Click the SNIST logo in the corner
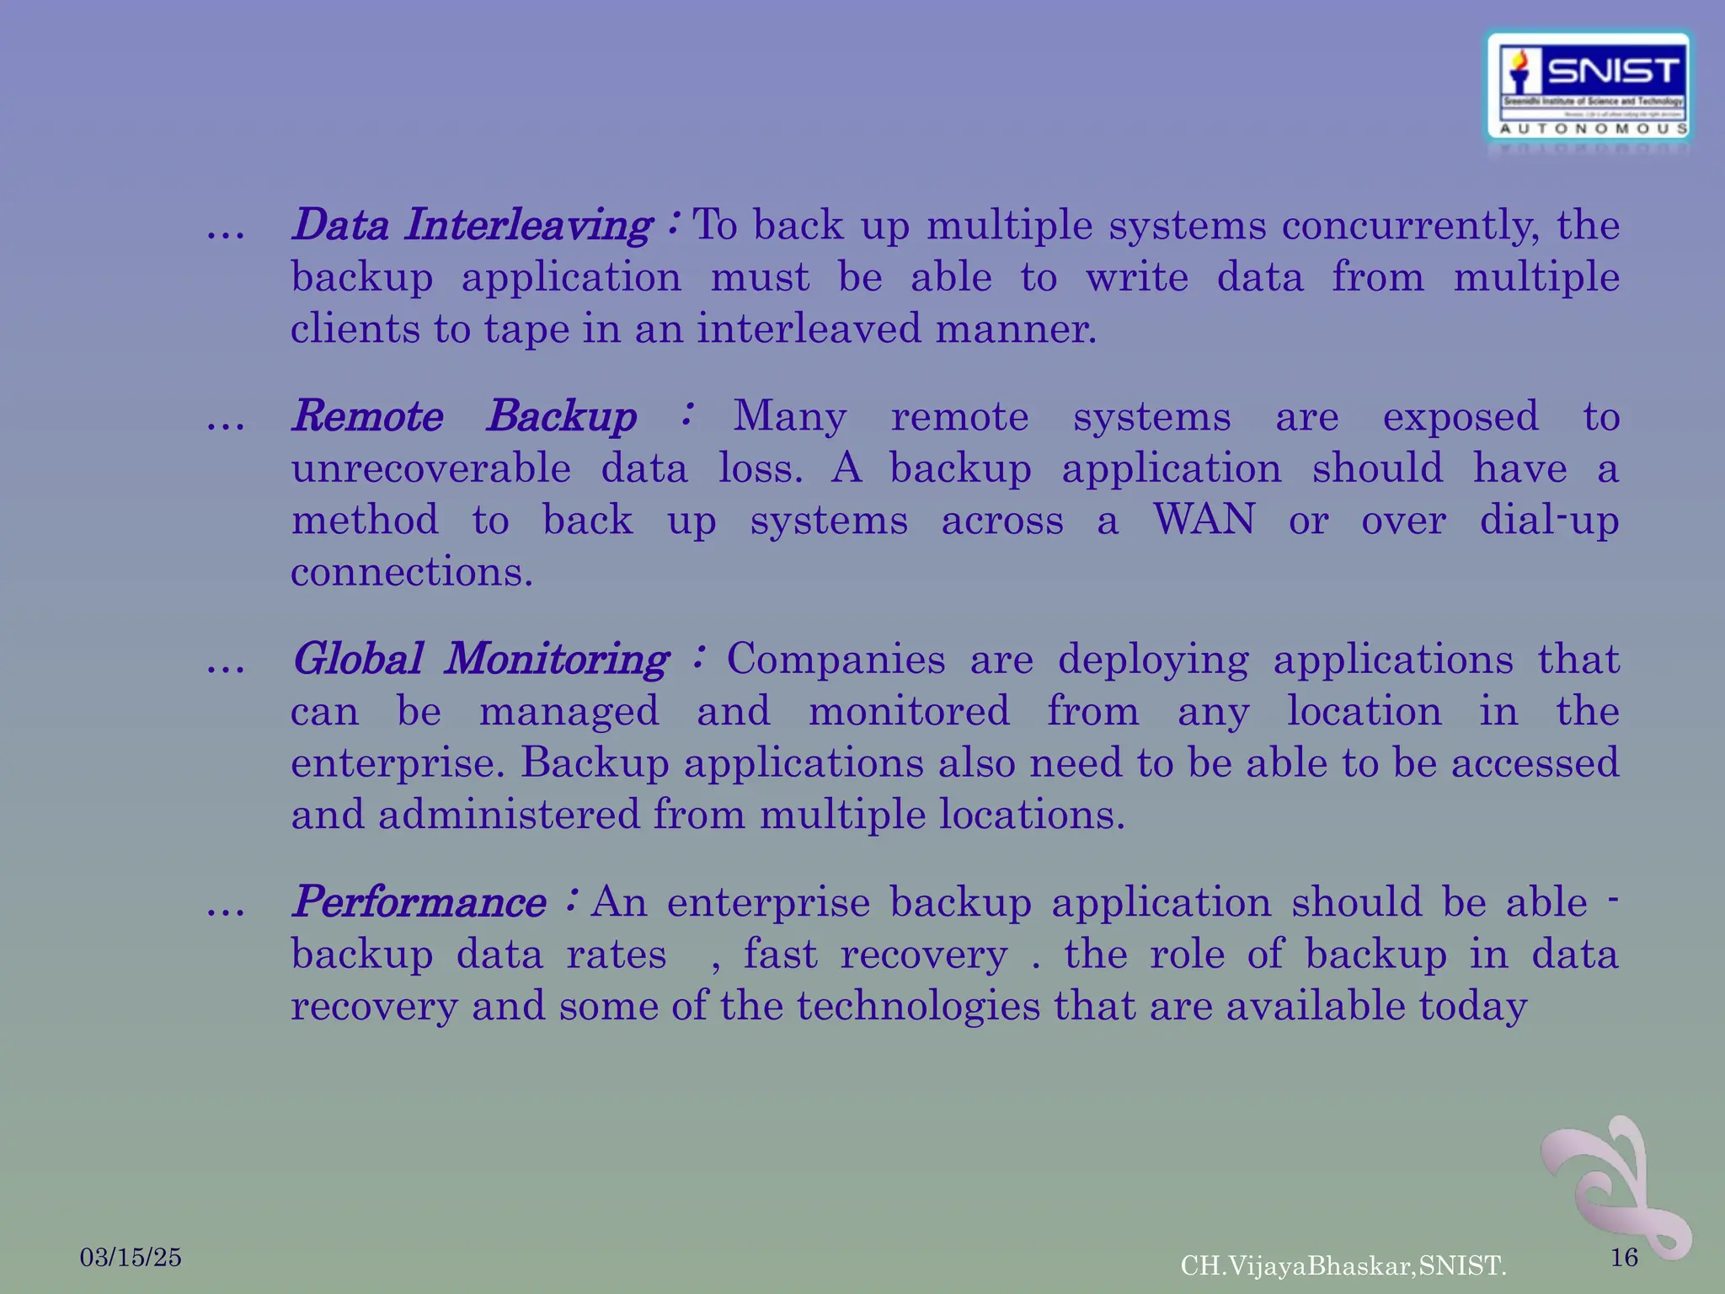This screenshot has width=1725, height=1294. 1588,87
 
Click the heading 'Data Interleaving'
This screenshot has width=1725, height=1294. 472,226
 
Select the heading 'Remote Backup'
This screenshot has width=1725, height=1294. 464,417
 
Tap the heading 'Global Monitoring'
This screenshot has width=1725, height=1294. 480,660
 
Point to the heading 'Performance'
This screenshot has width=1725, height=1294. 419,903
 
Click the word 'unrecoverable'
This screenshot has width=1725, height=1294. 430,468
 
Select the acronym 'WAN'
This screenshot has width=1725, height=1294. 1204,520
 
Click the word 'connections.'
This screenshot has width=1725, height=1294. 412,572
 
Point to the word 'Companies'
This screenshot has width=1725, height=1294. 836,660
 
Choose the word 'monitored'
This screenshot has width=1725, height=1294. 909,711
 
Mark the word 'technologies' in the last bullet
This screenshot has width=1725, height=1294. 918,1006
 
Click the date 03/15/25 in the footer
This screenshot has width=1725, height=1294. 131,1258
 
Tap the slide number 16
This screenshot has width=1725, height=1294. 1624,1258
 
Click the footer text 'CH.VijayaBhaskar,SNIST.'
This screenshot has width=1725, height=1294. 1343,1265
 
